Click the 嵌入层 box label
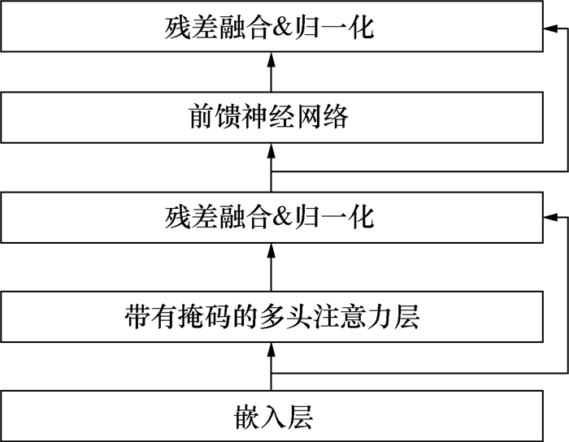pyautogui.click(x=273, y=416)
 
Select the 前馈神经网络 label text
pyautogui.click(x=268, y=117)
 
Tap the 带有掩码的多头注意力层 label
pyautogui.click(x=272, y=317)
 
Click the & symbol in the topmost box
pyautogui.click(x=282, y=28)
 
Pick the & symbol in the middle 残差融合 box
pyautogui.click(x=282, y=216)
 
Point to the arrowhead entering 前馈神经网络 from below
pyautogui.click(x=271, y=149)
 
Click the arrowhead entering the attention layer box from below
pyautogui.click(x=271, y=349)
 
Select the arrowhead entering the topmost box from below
pyautogui.click(x=271, y=59)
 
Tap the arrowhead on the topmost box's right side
pyautogui.click(x=550, y=28)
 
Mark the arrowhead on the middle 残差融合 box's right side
pyautogui.click(x=550, y=217)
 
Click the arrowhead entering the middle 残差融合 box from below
pyautogui.click(x=271, y=250)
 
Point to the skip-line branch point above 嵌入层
pyautogui.click(x=271, y=373)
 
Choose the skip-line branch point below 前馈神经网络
pyautogui.click(x=271, y=171)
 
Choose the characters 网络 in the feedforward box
pyautogui.click(x=322, y=117)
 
